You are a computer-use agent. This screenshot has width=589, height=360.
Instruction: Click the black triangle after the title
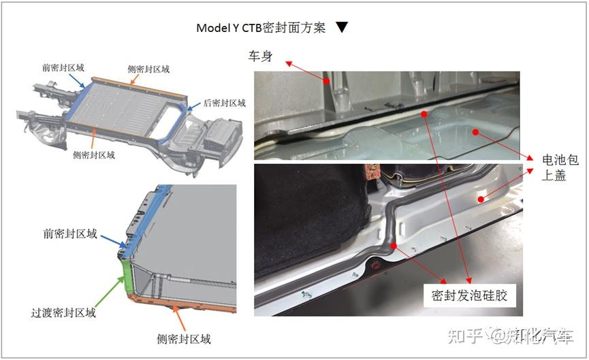coord(343,28)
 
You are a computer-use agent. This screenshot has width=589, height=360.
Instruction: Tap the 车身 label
coord(260,56)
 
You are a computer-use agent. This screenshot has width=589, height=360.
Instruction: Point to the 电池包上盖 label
coord(560,168)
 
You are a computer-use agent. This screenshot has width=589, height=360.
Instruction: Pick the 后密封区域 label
coord(225,103)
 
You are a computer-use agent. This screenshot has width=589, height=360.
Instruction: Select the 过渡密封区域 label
coord(63,313)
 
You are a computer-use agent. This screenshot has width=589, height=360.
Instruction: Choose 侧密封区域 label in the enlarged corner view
coord(184,339)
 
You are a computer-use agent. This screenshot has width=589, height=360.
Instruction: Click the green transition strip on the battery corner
coord(126,276)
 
